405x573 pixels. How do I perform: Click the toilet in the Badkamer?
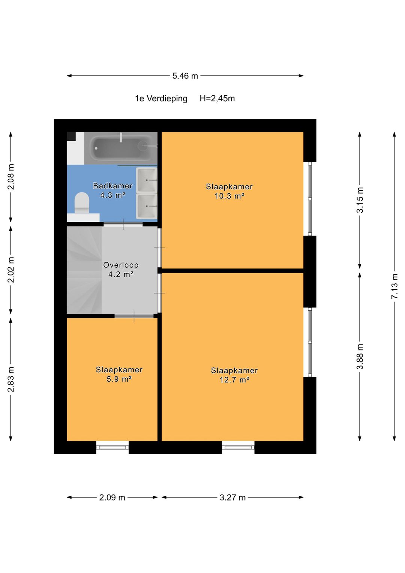pyautogui.click(x=82, y=203)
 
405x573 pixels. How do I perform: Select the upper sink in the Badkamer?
pyautogui.click(x=147, y=180)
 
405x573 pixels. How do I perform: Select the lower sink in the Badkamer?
pyautogui.click(x=147, y=206)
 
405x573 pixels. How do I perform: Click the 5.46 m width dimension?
pyautogui.click(x=185, y=76)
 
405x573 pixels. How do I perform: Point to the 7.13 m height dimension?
pyautogui.click(x=394, y=286)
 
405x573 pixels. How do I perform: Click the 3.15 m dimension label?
pyautogui.click(x=360, y=200)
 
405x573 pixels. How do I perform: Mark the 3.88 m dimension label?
pyautogui.click(x=360, y=356)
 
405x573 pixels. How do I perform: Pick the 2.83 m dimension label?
pyautogui.click(x=11, y=380)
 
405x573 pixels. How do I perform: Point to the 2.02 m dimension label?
pyautogui.click(x=11, y=270)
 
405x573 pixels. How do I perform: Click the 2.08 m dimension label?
pyautogui.click(x=11, y=176)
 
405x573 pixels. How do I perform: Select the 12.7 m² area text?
pyautogui.click(x=234, y=380)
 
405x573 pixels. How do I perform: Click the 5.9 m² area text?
pyautogui.click(x=119, y=379)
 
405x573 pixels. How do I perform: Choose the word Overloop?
pyautogui.click(x=121, y=265)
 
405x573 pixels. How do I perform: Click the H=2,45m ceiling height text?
pyautogui.click(x=217, y=98)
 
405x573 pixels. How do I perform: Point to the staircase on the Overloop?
pyautogui.click(x=84, y=270)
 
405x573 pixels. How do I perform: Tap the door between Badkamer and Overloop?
pyautogui.click(x=123, y=224)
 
